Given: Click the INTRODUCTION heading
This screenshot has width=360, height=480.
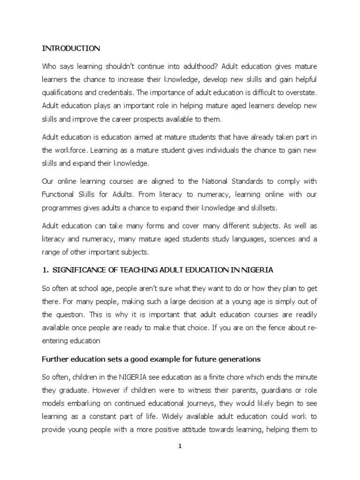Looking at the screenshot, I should pyautogui.click(x=71, y=48).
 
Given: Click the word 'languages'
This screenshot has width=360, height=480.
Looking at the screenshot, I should pyautogui.click(x=254, y=240).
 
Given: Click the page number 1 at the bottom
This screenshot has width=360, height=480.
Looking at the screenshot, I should pyautogui.click(x=180, y=447).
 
